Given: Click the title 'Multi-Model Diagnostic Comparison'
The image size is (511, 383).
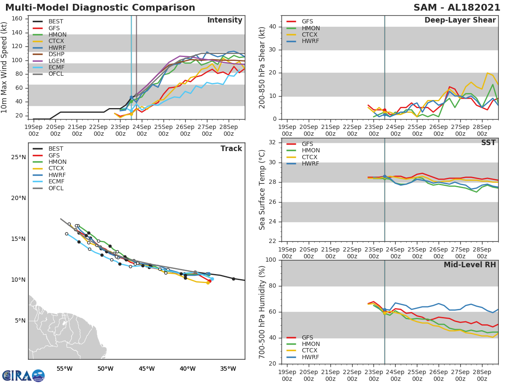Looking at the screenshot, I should click(x=100, y=8).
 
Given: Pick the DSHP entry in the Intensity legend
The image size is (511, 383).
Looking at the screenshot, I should click(x=56, y=54).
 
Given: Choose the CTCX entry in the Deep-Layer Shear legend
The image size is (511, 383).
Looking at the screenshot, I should click(x=310, y=34).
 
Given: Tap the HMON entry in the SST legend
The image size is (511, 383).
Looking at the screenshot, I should click(x=310, y=151).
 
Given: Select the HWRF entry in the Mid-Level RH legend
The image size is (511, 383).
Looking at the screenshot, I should click(x=310, y=357).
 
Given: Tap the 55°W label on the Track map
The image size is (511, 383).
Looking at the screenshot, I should click(x=64, y=369).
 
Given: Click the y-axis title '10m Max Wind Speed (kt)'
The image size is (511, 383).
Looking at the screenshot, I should click(x=5, y=68).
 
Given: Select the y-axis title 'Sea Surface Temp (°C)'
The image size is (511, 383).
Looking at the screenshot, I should click(x=262, y=190).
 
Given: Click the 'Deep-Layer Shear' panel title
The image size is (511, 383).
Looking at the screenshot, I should click(x=460, y=20).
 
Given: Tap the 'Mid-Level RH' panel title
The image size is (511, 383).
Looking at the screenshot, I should click(x=470, y=265).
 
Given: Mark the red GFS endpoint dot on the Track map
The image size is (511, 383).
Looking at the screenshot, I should click(x=210, y=281).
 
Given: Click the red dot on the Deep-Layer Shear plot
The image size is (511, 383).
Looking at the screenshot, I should click(x=384, y=110).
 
